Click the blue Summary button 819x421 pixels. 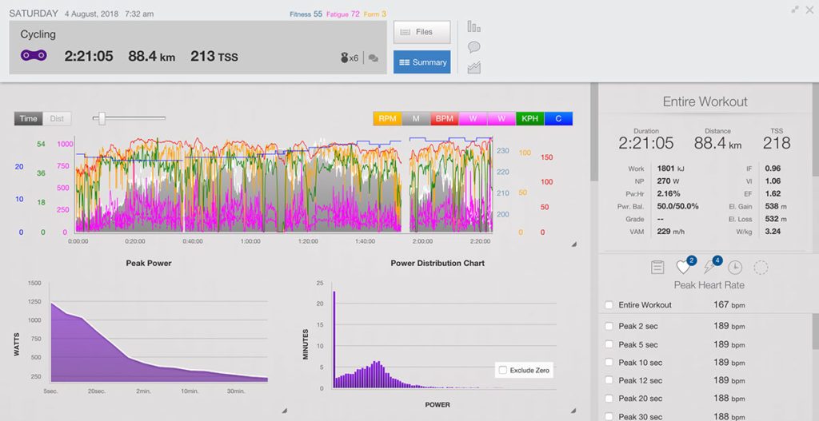421,62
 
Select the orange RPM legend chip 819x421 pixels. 387,118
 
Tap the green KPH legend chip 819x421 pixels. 529,118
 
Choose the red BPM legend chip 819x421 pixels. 444,118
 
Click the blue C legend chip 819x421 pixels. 557,118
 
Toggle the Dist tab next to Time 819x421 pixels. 57,118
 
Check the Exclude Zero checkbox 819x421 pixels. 502,370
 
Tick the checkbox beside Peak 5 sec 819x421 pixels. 609,344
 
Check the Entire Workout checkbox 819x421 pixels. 609,304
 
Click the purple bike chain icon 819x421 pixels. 34,56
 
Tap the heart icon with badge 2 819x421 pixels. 684,268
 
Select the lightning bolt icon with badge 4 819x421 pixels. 709,268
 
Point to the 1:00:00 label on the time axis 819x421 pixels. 251,240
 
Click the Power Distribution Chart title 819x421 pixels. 437,263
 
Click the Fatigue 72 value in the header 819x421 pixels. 343,14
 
